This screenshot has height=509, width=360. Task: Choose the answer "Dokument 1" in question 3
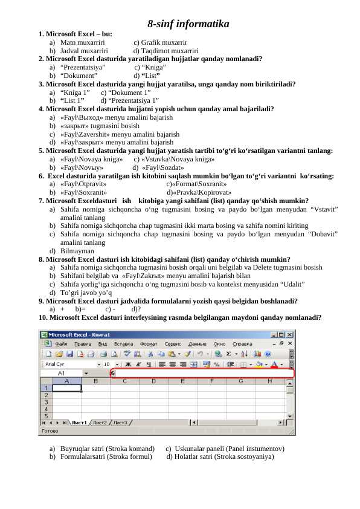[129, 92]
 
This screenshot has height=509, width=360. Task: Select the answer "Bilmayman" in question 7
[77, 250]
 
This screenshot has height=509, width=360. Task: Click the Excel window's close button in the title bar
[291, 334]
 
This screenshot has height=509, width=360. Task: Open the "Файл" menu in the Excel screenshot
[62, 343]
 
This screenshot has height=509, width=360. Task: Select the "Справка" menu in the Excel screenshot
[242, 343]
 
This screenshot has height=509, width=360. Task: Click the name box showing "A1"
[62, 373]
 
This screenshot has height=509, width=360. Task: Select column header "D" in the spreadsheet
[153, 381]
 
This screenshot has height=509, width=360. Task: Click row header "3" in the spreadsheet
[46, 402]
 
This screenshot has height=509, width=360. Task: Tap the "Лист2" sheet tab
[100, 423]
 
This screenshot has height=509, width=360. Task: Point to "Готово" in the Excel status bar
[49, 431]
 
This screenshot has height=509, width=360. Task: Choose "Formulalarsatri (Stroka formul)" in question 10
[106, 456]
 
